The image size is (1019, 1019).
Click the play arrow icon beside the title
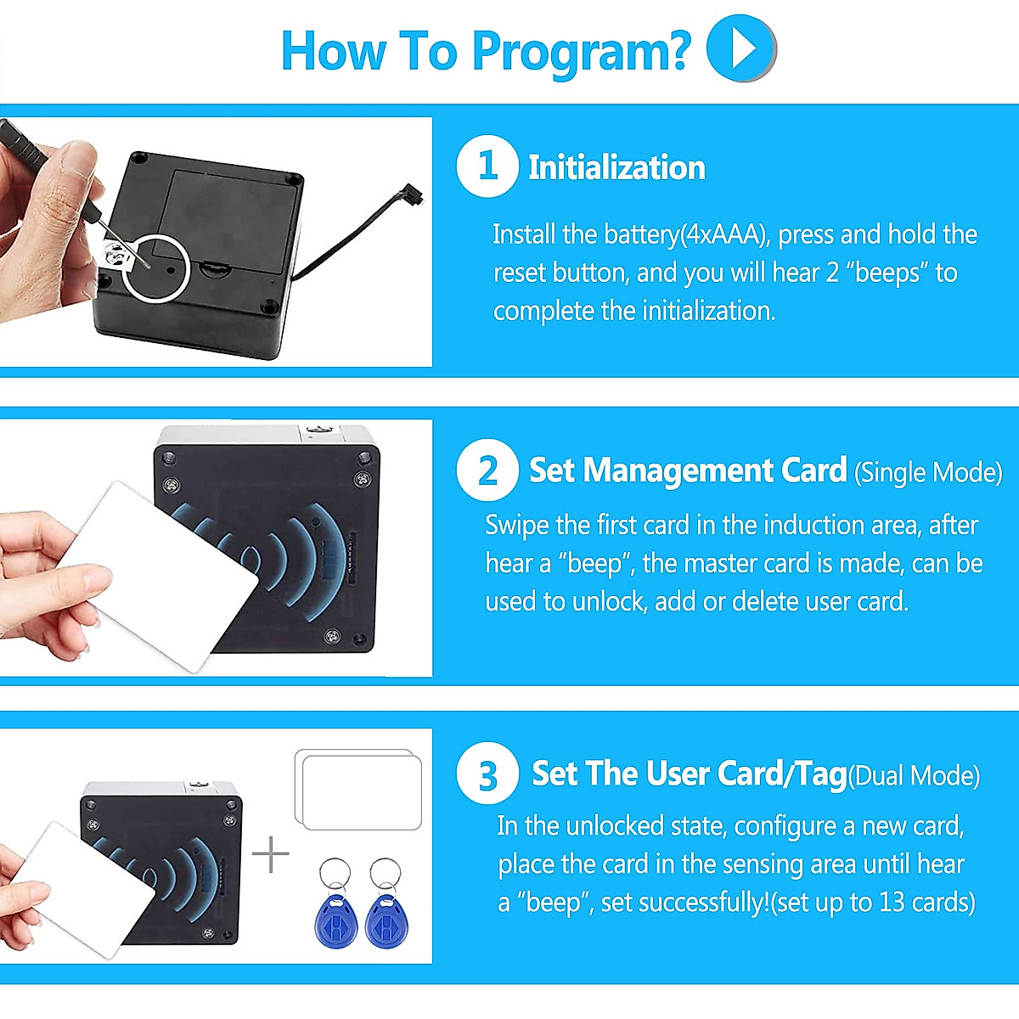click(740, 48)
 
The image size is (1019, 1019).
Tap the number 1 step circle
click(487, 166)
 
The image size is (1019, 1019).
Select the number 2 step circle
click(487, 470)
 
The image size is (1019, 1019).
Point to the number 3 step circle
click(487, 773)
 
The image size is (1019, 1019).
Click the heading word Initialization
click(616, 167)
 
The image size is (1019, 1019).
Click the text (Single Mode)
click(928, 472)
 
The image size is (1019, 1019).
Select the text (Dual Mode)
click(915, 776)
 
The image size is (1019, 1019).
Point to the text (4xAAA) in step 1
click(723, 234)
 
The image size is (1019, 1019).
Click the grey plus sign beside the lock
click(270, 854)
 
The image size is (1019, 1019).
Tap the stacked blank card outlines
click(358, 789)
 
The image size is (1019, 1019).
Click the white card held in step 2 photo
click(159, 577)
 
